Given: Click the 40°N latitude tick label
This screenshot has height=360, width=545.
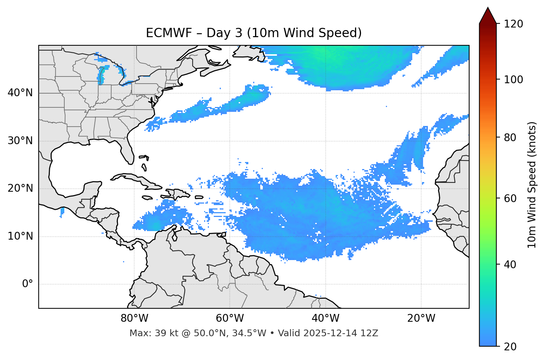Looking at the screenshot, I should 20,93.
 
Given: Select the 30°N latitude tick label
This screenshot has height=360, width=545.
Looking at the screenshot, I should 20,141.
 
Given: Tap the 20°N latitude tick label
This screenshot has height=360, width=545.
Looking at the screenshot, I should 20,188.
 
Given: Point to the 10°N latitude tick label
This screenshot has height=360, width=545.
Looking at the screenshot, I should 20,236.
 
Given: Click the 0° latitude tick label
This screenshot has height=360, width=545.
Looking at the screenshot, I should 28,284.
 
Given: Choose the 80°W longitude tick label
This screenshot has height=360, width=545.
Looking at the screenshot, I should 134,318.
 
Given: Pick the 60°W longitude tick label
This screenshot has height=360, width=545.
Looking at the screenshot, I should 230,318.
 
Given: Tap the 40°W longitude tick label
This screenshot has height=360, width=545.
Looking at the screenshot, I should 325,318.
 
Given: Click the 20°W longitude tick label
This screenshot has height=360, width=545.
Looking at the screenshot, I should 421,318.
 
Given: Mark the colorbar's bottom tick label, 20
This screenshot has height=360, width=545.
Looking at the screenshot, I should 510,347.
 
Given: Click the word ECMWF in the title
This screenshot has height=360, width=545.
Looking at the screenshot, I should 169,33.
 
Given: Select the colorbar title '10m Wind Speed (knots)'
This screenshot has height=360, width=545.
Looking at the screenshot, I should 532,185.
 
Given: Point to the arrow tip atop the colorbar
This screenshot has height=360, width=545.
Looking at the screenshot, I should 488,8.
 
